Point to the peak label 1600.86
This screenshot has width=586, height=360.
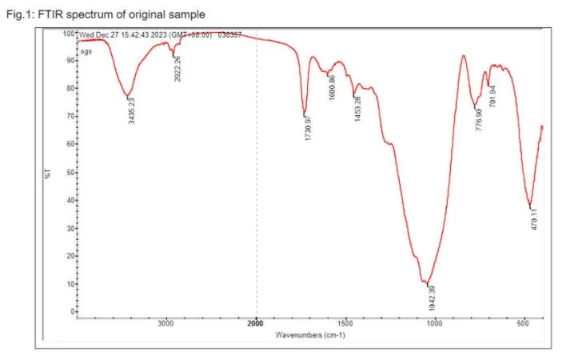[x=330, y=84]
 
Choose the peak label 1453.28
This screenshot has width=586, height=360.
[x=357, y=109]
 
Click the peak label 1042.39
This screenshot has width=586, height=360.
[x=433, y=297]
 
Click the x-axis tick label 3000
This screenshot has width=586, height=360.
[x=165, y=324]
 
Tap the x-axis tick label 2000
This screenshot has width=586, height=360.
[x=256, y=324]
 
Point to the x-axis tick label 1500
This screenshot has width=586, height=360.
[x=345, y=324]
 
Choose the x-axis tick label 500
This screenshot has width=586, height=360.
[x=524, y=324]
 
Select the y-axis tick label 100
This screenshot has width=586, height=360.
[x=68, y=34]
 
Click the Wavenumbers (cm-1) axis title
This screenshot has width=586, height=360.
[x=310, y=334]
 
